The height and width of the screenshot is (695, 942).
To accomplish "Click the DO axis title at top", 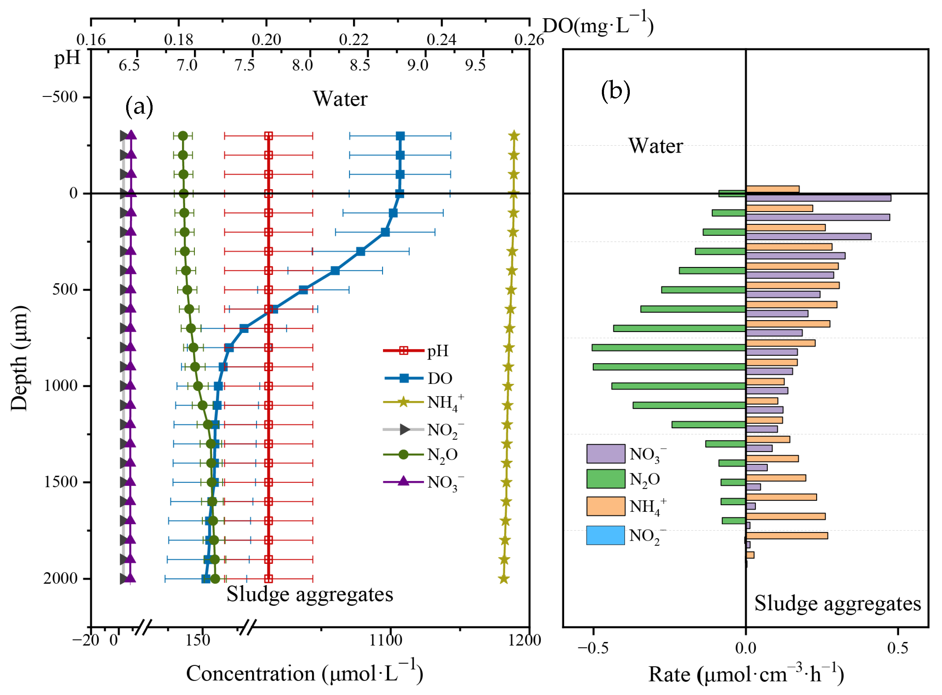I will point(597,25).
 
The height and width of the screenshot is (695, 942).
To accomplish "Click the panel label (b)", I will point(615,91).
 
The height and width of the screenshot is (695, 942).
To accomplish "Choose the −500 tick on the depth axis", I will point(60,97).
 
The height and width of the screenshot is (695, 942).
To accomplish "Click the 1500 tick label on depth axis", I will point(60,482).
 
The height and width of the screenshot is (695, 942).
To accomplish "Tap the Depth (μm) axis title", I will point(19,358).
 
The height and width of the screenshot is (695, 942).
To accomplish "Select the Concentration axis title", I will point(304,673).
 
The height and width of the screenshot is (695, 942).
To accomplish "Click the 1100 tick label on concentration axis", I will point(385,640).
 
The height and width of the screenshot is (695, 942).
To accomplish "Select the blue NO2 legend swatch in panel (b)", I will point(605,536).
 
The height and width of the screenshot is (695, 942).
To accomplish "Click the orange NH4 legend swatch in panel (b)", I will point(605,506).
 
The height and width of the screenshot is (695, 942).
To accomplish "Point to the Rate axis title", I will point(746,674).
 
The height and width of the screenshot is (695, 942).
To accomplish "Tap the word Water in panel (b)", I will point(655,146).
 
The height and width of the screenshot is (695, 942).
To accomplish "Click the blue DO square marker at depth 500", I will point(303,290).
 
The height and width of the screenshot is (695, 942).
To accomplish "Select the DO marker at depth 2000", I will point(206,579).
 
